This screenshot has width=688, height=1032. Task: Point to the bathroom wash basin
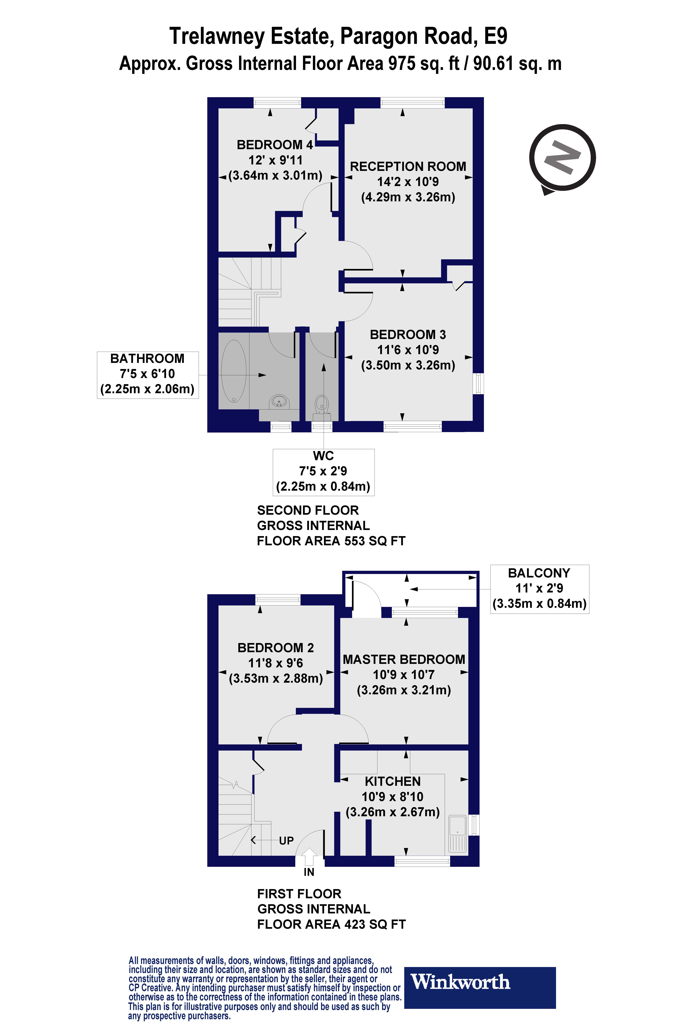[280, 401]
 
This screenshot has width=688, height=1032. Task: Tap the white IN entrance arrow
[309, 856]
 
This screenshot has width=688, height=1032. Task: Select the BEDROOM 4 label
[275, 145]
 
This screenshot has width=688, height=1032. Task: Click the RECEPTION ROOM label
[408, 167]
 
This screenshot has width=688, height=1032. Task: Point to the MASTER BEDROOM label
[404, 659]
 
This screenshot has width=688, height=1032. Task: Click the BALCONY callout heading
[539, 573]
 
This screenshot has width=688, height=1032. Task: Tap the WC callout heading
[323, 456]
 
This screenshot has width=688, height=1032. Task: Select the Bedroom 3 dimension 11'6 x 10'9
[408, 350]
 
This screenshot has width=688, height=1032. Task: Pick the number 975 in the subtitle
[401, 64]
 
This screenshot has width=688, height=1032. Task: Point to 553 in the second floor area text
[355, 541]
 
